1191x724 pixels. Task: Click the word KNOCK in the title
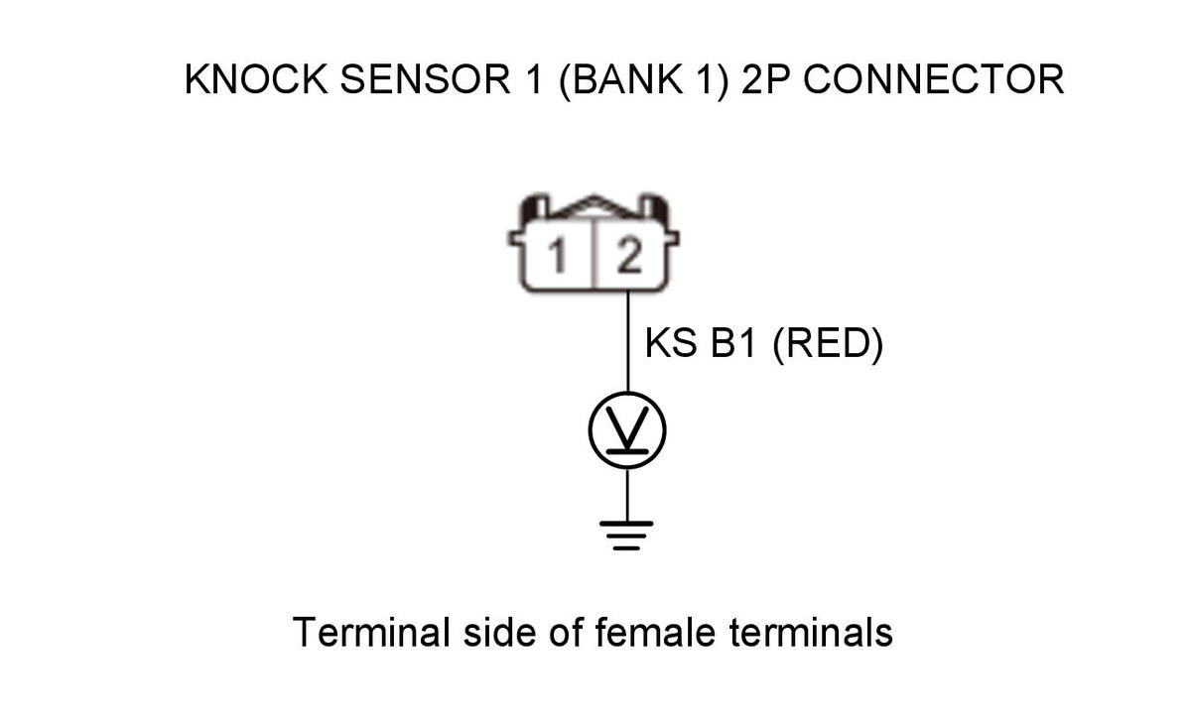point(256,79)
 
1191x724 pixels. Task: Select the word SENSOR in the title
point(426,79)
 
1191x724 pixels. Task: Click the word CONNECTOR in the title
point(934,79)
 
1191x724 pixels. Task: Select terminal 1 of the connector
point(557,256)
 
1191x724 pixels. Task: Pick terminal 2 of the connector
point(629,256)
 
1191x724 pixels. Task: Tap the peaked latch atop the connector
point(594,206)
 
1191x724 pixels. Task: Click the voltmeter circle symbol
point(627,430)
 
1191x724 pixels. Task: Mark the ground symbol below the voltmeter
point(626,536)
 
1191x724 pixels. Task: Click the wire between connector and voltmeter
point(628,342)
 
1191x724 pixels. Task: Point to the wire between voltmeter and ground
point(627,495)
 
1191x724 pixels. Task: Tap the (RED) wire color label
point(828,344)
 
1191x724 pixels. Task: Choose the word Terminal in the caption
point(371,632)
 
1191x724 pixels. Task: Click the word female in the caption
point(655,632)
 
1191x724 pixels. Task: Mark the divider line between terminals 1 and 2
point(594,254)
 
